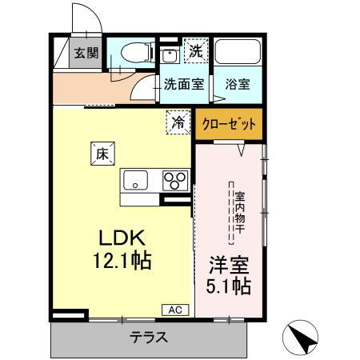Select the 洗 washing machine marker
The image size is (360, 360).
pyautogui.click(x=194, y=50)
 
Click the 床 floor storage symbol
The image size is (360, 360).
pyautogui.click(x=102, y=154)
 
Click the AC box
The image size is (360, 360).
pyautogui.click(x=174, y=309)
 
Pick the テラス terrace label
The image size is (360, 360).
pyautogui.click(x=149, y=337)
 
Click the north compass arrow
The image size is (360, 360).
pyautogui.click(x=302, y=336)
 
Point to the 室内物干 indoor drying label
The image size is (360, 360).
pyautogui.click(x=238, y=213)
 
